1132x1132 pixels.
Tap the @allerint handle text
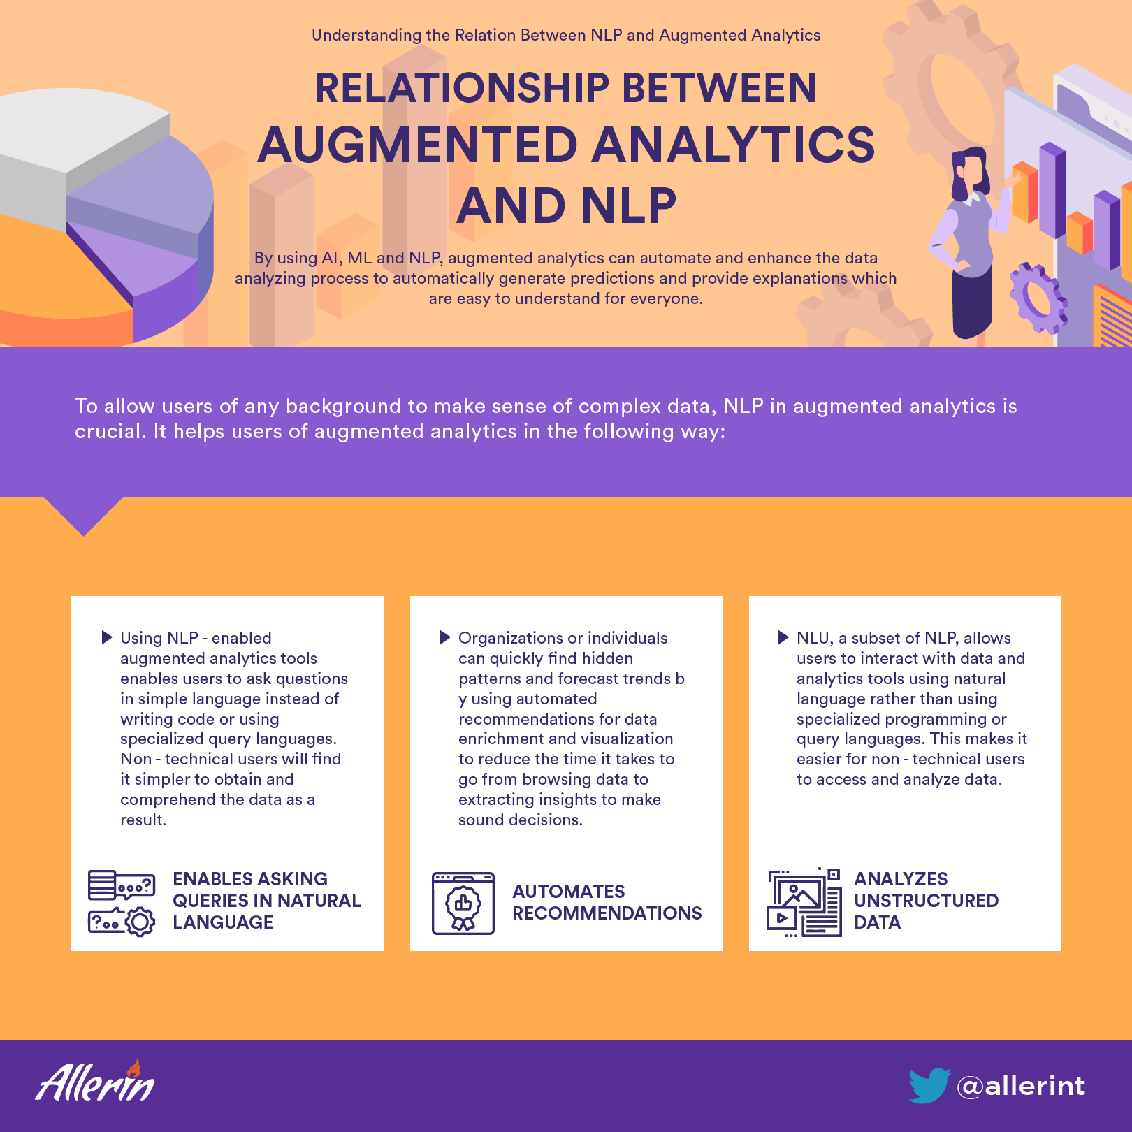1021,1086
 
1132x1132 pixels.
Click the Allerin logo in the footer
95,1081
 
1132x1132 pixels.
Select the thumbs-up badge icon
463,904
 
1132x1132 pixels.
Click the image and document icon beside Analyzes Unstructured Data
804,903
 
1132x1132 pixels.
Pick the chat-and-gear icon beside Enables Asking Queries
122,903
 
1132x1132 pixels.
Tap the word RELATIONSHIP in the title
463,88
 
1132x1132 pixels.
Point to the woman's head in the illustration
971,171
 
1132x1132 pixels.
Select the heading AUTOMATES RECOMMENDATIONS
607,902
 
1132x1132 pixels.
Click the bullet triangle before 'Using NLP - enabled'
107,637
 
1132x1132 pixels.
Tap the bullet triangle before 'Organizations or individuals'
445,637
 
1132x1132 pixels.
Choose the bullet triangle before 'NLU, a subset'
783,637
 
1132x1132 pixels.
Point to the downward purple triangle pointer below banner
84,514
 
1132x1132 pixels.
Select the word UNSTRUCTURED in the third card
926,901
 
